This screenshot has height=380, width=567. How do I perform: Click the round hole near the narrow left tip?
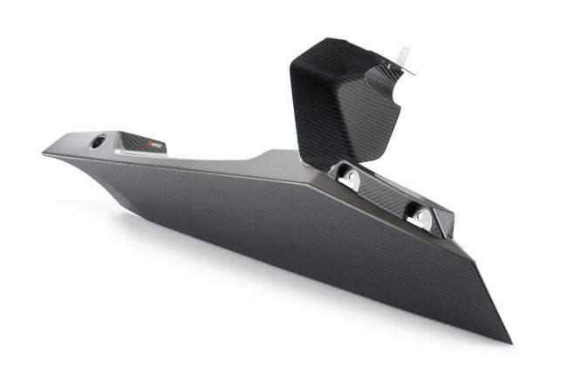coord(98,140)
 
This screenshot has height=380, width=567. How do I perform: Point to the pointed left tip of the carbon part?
coord(43,154)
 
